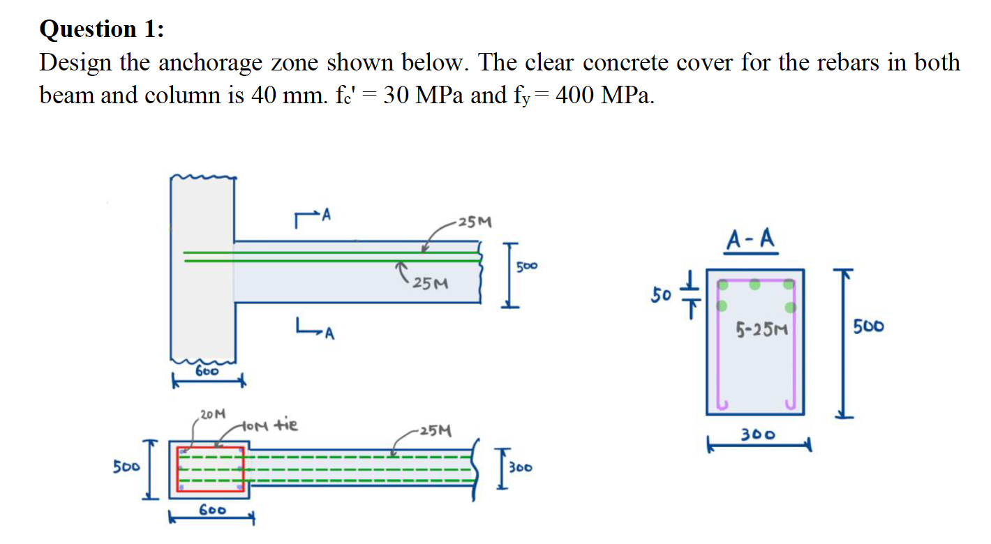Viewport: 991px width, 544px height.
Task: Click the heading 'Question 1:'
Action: (103, 29)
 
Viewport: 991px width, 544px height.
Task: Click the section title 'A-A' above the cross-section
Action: (750, 240)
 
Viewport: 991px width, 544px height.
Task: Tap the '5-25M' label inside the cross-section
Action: (761, 327)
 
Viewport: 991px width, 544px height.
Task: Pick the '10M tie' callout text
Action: (270, 425)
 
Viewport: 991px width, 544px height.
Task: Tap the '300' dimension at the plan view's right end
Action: (520, 467)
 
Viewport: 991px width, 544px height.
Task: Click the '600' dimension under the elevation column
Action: (207, 372)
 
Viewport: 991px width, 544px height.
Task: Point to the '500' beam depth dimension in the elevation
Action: (528, 266)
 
